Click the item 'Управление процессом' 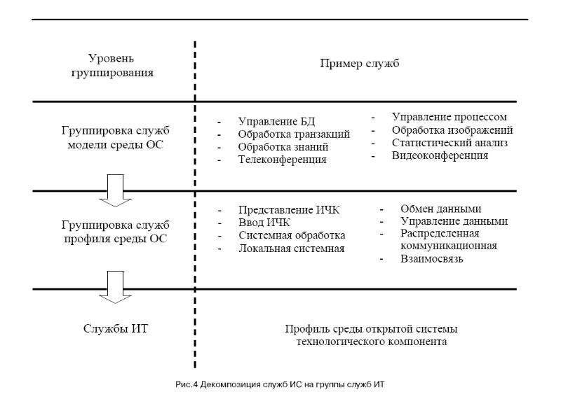tap(449, 117)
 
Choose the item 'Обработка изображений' tap(452, 130)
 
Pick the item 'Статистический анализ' tap(450, 143)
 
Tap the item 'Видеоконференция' tap(440, 156)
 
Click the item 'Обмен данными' tap(440, 209)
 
